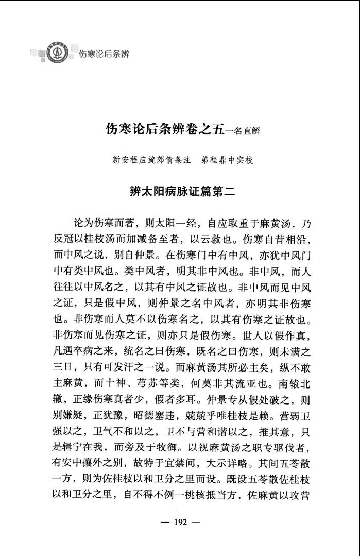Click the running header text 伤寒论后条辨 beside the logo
pos(104,54)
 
